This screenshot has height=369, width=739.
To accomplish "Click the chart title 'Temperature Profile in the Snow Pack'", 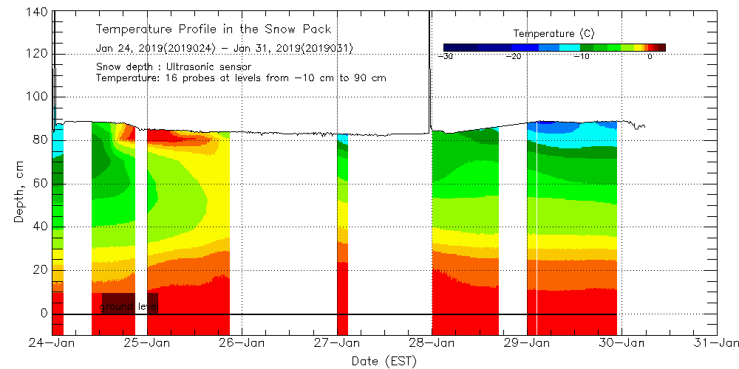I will tap(214, 30).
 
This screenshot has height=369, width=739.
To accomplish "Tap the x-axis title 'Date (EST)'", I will tap(384, 361).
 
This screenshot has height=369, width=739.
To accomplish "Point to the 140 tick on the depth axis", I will tap(37, 12).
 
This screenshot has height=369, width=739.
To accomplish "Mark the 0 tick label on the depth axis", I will tap(43, 313).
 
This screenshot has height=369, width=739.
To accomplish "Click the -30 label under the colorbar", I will tap(445, 56).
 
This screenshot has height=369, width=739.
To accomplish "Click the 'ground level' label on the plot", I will tap(129, 306).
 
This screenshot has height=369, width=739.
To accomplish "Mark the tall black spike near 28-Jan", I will tap(429, 66).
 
